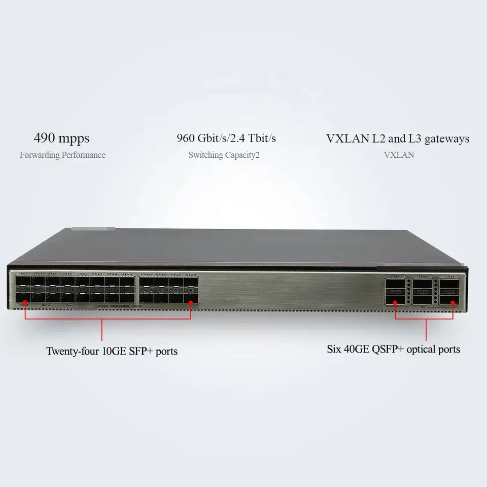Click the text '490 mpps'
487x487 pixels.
[61, 138]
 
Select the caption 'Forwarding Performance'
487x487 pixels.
[62, 155]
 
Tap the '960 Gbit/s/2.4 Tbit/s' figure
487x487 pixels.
[226, 138]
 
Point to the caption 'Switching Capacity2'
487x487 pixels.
[224, 155]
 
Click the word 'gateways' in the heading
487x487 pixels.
[447, 138]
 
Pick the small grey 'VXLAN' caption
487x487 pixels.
[399, 155]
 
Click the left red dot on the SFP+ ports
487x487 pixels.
[25, 303]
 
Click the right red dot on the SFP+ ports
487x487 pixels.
[191, 303]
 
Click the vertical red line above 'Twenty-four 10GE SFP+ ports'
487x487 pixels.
[102, 330]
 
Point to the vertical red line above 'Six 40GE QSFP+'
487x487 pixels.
[426, 330]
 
